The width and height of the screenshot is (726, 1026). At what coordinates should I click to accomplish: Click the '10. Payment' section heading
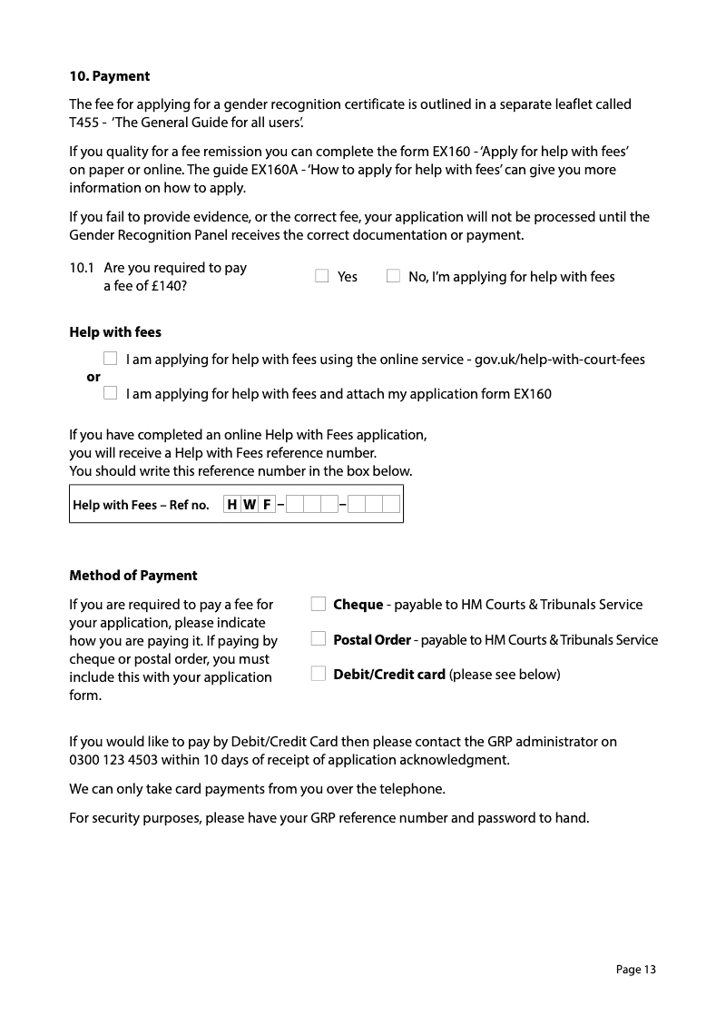pos(110,76)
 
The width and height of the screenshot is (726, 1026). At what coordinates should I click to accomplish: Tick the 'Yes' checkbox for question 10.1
pos(322,276)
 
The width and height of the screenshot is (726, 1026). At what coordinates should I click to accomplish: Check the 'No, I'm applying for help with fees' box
pos(393,276)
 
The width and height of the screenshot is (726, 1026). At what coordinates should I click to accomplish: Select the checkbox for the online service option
pos(110,359)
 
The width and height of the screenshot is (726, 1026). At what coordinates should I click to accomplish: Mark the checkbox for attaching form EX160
pos(110,393)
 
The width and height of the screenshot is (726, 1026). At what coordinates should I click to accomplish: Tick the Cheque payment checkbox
pos(318,604)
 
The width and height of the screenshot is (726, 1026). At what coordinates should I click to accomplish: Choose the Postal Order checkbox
pos(318,639)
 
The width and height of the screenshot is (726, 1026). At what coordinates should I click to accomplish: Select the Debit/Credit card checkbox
pos(318,674)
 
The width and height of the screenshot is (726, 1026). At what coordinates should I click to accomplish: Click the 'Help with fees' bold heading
pos(115,332)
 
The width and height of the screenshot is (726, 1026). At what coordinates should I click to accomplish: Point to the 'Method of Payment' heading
pos(133,576)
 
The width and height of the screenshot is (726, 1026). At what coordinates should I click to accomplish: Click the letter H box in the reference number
pos(232,505)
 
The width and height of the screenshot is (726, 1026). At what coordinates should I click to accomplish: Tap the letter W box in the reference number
pos(250,505)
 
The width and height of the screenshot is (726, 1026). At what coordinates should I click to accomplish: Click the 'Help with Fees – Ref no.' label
pos(141,505)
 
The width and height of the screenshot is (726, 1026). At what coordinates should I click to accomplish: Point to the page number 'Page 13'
pos(635,970)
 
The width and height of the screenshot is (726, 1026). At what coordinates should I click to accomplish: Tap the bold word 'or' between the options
pos(93,377)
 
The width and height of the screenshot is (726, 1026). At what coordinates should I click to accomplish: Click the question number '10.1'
pos(83,268)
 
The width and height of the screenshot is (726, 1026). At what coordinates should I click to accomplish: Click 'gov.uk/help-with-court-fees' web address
pos(559,360)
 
